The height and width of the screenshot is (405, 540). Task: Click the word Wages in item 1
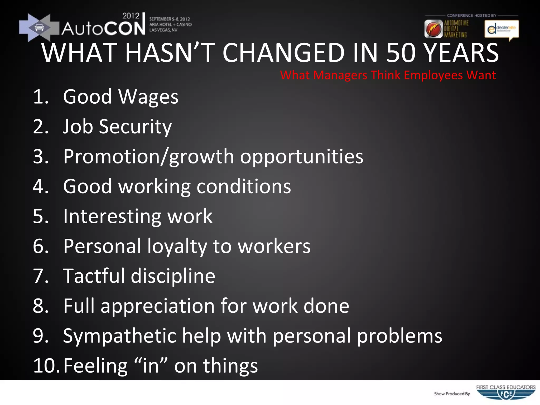pyautogui.click(x=148, y=97)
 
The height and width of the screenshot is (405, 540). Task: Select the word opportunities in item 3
pyautogui.click(x=301, y=157)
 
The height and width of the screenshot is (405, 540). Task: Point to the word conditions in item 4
pyautogui.click(x=244, y=187)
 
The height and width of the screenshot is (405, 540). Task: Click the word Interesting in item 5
pyautogui.click(x=112, y=216)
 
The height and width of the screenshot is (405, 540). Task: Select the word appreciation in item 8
pyautogui.click(x=157, y=306)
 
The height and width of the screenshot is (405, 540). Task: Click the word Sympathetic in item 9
pyautogui.click(x=119, y=336)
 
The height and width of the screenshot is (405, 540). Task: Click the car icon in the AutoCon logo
pyautogui.click(x=39, y=27)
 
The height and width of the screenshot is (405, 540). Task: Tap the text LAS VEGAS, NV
pyautogui.click(x=163, y=30)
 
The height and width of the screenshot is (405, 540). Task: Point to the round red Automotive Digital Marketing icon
pyautogui.click(x=433, y=29)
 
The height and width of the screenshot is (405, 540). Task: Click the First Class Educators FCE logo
pyautogui.click(x=506, y=393)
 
